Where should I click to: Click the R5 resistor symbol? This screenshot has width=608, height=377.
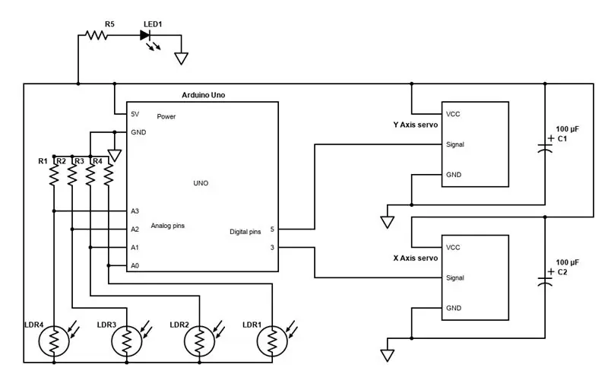coord(97,35)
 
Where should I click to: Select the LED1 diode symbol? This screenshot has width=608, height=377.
coord(145,35)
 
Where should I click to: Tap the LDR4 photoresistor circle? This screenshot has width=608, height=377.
coord(54,341)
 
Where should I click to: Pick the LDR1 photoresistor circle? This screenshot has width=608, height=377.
coord(272,341)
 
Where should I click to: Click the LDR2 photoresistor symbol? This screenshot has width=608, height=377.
coord(199,341)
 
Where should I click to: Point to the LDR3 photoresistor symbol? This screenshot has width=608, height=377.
coord(127,341)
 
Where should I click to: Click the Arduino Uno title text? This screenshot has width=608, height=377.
coord(203,95)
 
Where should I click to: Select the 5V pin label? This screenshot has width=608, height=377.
coord(135,114)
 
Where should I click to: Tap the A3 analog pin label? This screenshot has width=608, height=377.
coord(135,211)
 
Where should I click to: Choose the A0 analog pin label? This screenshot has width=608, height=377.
coord(135,266)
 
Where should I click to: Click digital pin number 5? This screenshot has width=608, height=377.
coord(272,230)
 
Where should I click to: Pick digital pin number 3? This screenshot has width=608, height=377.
coord(272,248)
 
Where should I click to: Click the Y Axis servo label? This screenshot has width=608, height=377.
coord(415,125)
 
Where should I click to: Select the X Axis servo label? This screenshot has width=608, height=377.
coord(415,258)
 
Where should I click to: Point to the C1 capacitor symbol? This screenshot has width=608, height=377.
coord(545,147)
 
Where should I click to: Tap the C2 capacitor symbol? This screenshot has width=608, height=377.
coord(545,280)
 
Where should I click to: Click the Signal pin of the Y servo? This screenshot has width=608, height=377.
coord(454,144)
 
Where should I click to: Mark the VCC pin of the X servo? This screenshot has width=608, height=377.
coord(453,248)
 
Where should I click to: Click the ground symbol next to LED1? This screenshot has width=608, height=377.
coord(181,59)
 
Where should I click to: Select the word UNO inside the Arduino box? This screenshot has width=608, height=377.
coord(201,183)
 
